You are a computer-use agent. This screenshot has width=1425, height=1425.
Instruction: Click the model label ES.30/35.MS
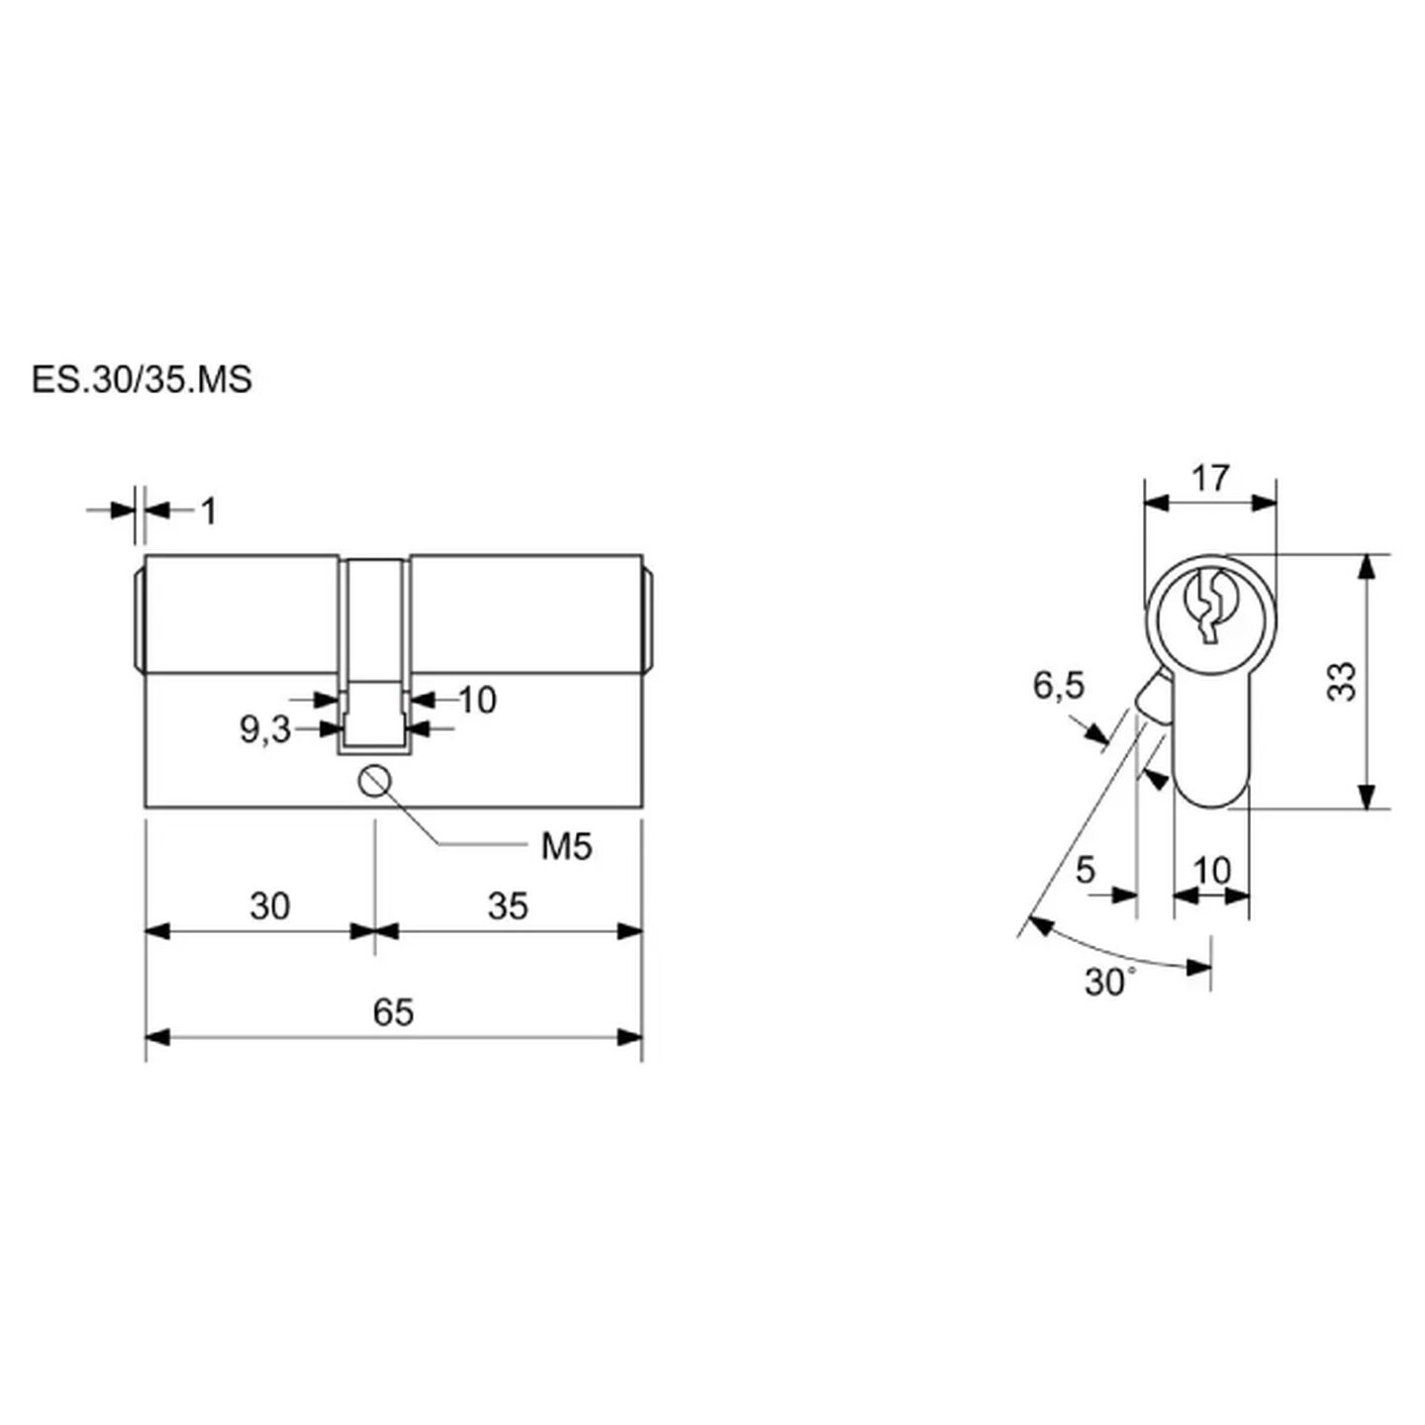click(x=142, y=380)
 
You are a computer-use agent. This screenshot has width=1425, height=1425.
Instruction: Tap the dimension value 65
click(x=394, y=1012)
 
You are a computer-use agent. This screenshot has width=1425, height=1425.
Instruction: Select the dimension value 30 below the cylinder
click(x=270, y=906)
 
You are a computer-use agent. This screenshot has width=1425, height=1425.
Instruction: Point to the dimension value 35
click(x=508, y=906)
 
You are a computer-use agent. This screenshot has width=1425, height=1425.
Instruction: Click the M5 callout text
click(x=567, y=847)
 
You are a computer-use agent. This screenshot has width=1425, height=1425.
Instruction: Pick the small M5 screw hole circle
click(x=375, y=782)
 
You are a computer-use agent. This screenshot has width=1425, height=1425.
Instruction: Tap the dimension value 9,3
click(x=265, y=730)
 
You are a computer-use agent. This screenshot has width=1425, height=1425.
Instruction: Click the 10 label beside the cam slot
click(x=478, y=700)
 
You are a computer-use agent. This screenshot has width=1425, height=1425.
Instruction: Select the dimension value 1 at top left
click(x=210, y=511)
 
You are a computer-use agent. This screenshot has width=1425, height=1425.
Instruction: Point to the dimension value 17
click(x=1210, y=477)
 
